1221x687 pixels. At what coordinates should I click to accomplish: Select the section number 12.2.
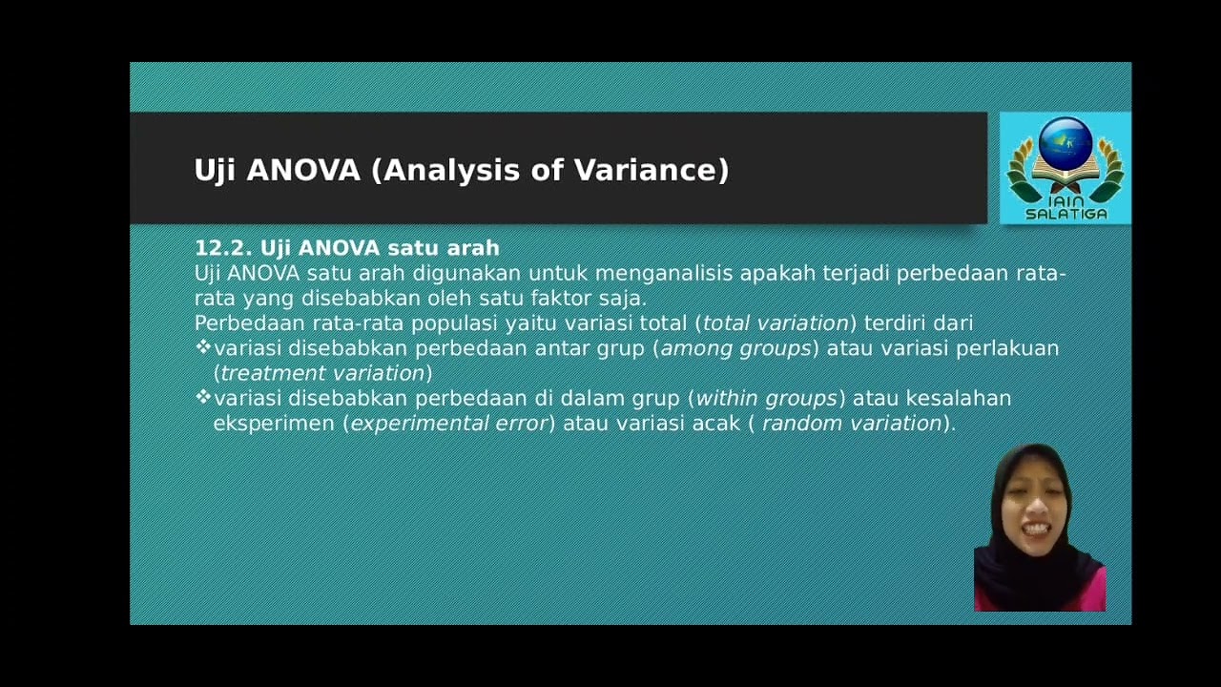tap(223, 248)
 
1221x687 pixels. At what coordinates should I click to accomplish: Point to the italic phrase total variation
tap(776, 323)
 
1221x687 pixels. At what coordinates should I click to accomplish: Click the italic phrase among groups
tap(735, 348)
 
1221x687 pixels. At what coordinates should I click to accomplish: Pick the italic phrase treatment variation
tap(322, 373)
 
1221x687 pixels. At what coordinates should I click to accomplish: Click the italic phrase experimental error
tap(448, 423)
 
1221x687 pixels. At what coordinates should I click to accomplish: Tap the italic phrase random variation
tap(852, 423)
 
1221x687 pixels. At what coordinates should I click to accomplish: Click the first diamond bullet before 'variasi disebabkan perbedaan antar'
tap(202, 347)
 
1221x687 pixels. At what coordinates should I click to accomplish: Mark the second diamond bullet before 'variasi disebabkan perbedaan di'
tap(202, 397)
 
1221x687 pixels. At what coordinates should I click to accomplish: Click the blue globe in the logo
tap(1065, 141)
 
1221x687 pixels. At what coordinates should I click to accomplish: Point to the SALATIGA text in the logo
tap(1066, 215)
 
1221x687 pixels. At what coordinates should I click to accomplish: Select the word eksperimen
tap(274, 423)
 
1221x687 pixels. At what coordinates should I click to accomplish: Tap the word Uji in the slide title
tap(216, 171)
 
